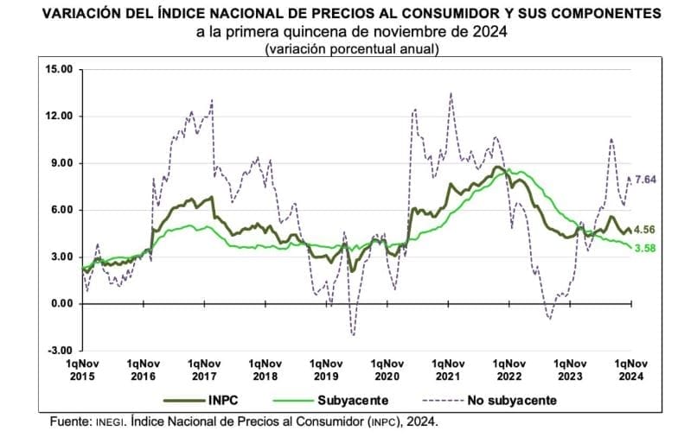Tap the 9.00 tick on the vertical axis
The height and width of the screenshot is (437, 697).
62,163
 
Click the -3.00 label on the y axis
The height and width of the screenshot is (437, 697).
61,351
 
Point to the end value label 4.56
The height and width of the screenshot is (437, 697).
644,230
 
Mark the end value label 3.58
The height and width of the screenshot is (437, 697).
645,249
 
